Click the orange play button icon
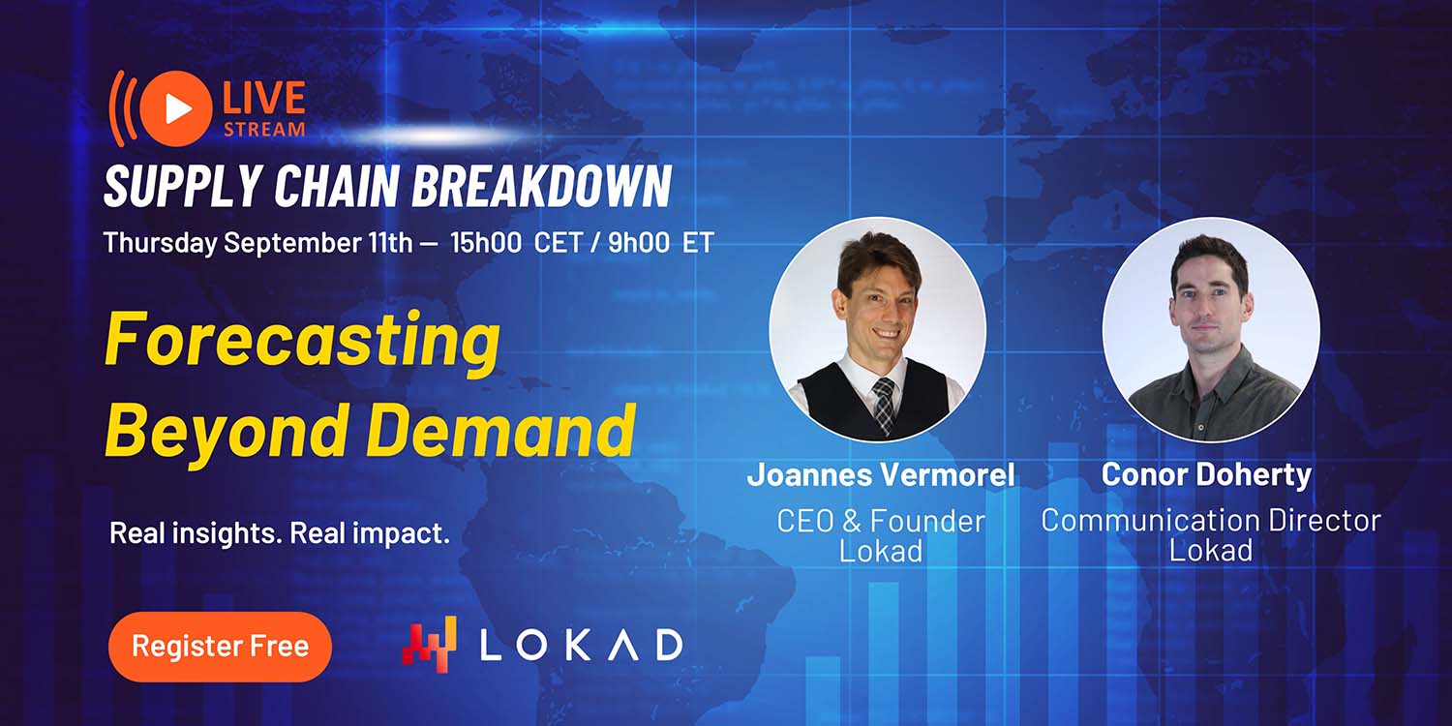[176, 108]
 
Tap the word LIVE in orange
[264, 99]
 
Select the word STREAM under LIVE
[264, 130]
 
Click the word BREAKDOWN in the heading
[541, 186]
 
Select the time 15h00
[486, 242]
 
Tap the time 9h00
[639, 242]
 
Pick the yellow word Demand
[501, 429]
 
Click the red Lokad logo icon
[429, 645]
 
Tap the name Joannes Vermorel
[881, 474]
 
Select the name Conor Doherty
[1206, 474]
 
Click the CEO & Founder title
[881, 521]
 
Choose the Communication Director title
[1211, 521]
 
